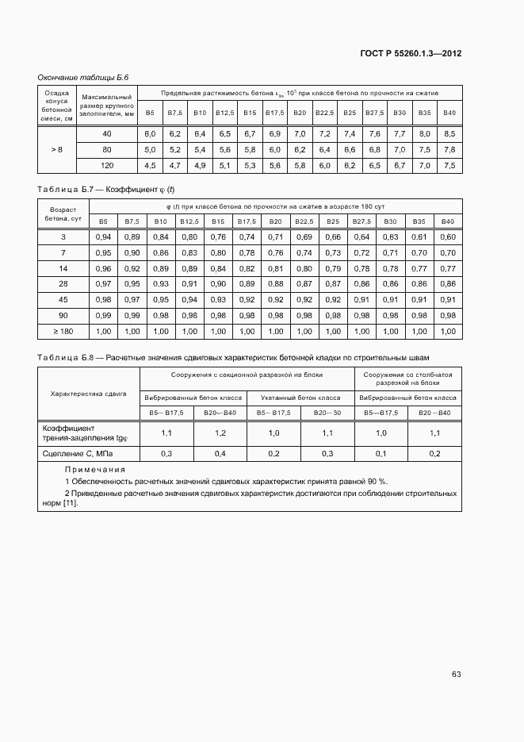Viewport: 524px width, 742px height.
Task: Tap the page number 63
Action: click(x=456, y=675)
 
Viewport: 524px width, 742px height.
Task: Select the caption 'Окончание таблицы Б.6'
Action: click(x=83, y=77)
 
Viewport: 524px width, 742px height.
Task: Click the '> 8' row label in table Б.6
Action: click(x=56, y=149)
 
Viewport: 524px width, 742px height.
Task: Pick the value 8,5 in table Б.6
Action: click(x=449, y=133)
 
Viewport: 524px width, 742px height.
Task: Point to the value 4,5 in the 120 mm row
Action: click(x=150, y=165)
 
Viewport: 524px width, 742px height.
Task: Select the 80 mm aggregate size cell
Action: click(x=106, y=149)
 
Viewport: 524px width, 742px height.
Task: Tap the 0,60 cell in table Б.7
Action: click(x=447, y=236)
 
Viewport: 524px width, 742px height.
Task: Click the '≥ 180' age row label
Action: click(x=63, y=331)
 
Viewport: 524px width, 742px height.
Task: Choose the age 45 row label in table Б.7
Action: click(x=63, y=299)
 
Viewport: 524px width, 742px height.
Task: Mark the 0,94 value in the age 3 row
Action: click(x=102, y=236)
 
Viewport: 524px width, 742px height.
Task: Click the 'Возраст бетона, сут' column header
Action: click(x=63, y=213)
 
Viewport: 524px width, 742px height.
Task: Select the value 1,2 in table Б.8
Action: click(x=220, y=433)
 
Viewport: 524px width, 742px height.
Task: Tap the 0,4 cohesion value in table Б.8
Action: click(x=220, y=453)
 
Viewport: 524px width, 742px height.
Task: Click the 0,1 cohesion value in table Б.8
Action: click(x=381, y=453)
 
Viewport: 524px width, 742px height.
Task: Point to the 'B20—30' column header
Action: click(x=328, y=413)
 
